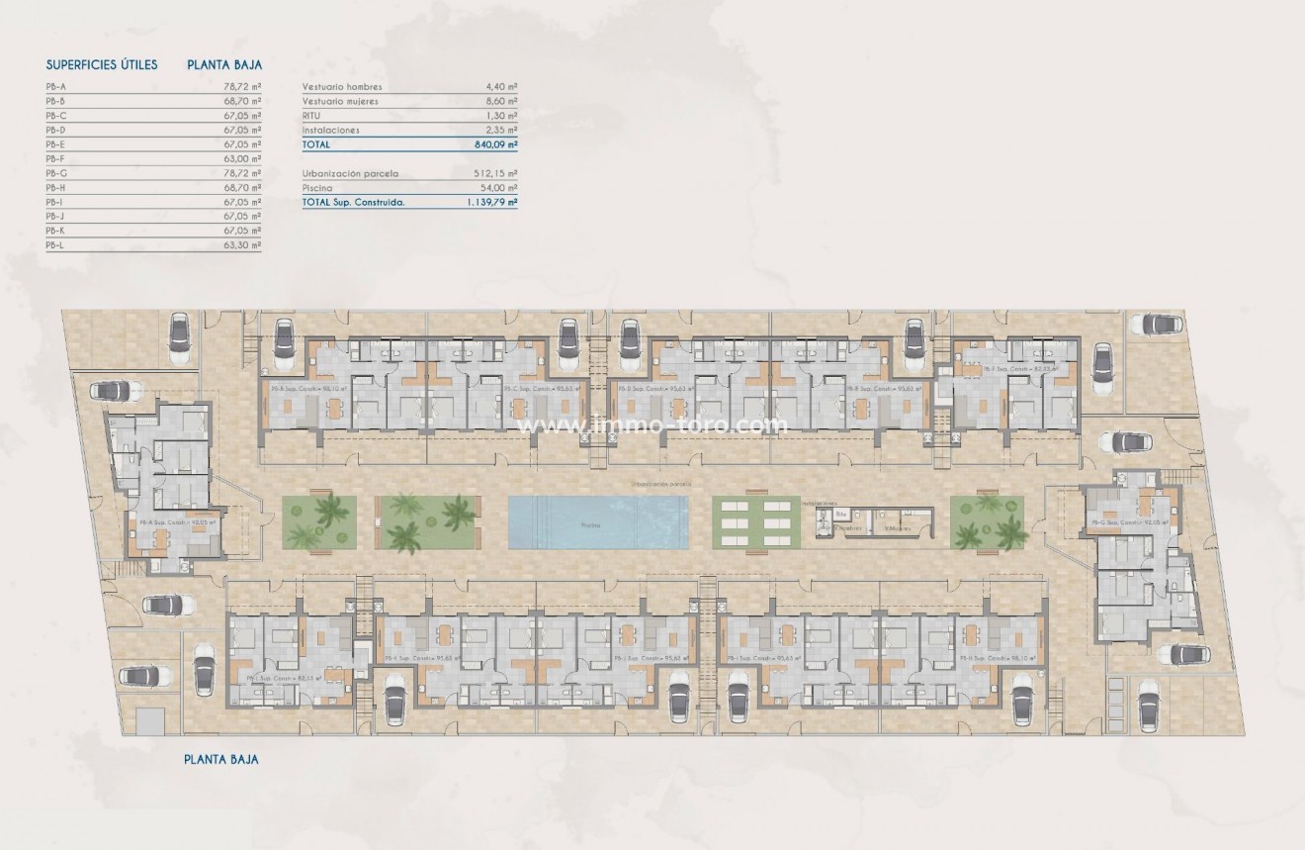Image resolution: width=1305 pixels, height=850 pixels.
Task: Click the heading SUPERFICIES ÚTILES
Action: coord(102,65)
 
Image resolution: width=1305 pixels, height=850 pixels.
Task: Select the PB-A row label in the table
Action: coord(55,87)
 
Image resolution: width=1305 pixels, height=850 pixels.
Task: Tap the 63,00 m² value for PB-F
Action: coord(242,158)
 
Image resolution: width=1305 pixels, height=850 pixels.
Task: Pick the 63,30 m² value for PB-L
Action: coord(242,244)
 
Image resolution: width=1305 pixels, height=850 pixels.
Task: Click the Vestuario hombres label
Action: coord(341,87)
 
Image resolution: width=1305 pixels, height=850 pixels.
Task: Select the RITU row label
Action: coord(312,116)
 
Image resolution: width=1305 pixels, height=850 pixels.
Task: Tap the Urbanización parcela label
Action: coord(350,173)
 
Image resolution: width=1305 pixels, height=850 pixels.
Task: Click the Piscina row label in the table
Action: coord(317,187)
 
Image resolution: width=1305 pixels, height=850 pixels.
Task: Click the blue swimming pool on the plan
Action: coord(598,521)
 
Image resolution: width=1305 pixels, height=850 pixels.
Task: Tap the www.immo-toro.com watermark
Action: coord(653,425)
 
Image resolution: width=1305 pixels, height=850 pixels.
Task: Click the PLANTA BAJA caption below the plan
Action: coord(221,760)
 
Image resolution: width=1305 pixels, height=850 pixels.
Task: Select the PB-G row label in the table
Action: coord(56,173)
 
